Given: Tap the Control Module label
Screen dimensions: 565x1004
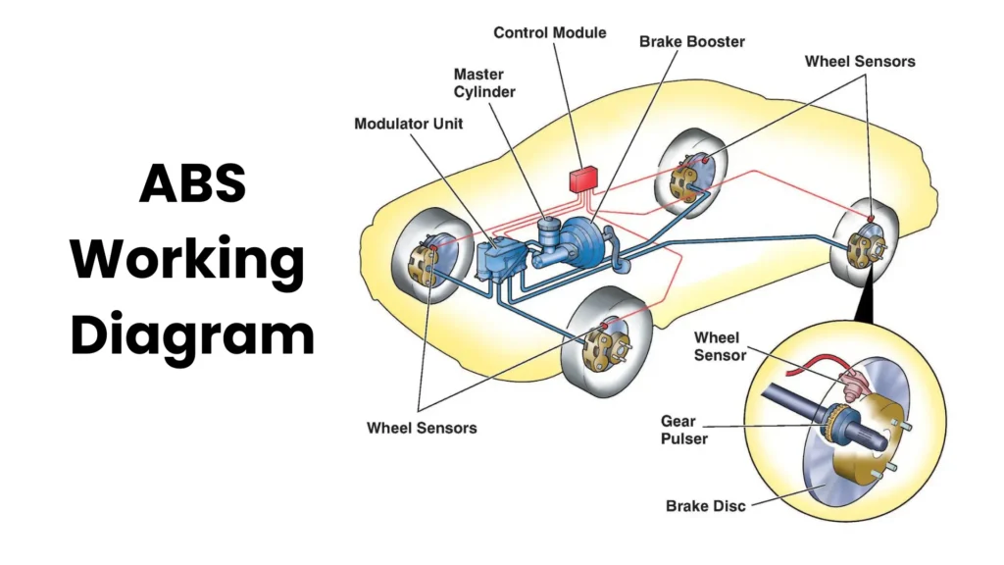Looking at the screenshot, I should point(549,32).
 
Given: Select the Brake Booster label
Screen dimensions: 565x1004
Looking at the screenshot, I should point(691,42).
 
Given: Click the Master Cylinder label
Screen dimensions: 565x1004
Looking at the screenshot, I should point(484,83).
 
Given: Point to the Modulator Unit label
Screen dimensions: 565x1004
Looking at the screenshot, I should point(408,124).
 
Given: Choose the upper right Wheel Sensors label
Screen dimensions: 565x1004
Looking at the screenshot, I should point(860,61).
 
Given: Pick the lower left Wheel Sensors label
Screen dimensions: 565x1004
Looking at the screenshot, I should point(422,428).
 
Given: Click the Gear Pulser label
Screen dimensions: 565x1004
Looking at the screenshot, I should point(683,430).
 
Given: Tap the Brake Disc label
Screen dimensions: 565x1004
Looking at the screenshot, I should point(705,506).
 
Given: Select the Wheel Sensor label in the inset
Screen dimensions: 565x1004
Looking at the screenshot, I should point(720,346).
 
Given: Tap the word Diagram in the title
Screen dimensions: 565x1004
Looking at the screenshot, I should point(192,334).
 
